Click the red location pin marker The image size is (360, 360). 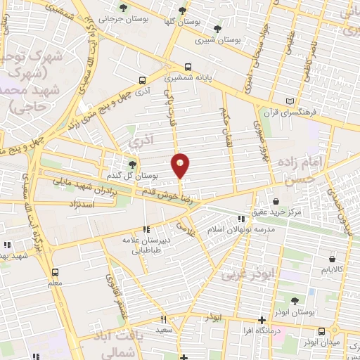pyautogui.click(x=181, y=165)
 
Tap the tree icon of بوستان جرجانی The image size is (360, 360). pyautogui.click(x=124, y=8)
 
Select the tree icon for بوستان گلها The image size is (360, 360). pyautogui.click(x=182, y=10)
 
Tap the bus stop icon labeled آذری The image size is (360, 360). pyautogui.click(x=143, y=81)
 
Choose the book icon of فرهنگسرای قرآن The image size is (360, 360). pyautogui.click(x=291, y=101)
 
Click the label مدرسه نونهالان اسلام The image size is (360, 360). pyautogui.click(x=243, y=230)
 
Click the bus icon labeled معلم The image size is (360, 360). pyautogui.click(x=55, y=271)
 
